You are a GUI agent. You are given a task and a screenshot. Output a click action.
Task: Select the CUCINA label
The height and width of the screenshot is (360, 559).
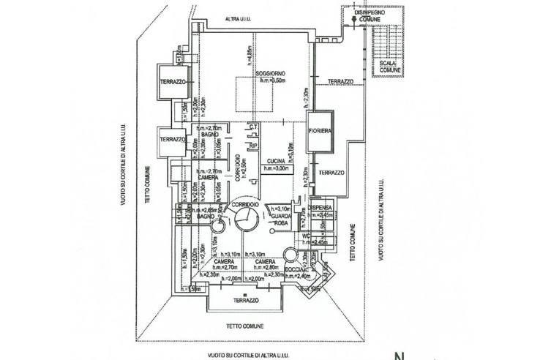point(276,161)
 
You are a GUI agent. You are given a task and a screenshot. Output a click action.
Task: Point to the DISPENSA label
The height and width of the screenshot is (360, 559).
point(320,208)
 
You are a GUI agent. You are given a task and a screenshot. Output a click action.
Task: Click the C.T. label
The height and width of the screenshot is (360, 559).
point(252,127)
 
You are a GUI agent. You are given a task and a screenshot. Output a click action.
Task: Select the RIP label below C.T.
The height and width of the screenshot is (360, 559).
point(252,146)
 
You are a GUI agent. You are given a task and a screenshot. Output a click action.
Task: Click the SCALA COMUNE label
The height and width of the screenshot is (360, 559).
point(388,67)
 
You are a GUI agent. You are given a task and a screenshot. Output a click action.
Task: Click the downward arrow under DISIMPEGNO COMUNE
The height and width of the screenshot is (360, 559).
point(354,22)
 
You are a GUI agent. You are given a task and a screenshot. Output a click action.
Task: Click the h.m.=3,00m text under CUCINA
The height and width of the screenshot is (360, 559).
point(277,168)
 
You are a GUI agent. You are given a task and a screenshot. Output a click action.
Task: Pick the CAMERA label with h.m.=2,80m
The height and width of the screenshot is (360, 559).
point(265,262)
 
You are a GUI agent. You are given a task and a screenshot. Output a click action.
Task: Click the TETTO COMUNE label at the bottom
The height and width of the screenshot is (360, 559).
point(244,326)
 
